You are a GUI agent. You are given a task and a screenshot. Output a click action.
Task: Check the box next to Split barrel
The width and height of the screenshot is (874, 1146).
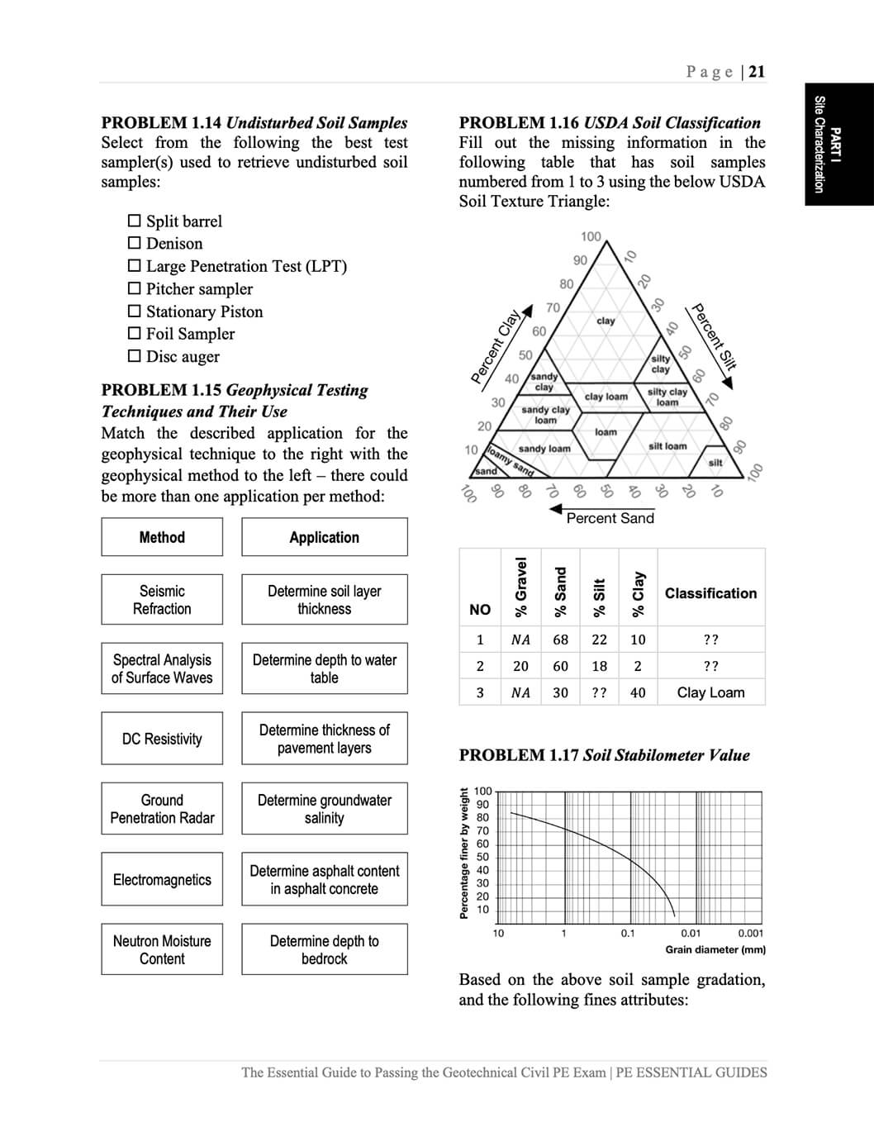click(x=135, y=221)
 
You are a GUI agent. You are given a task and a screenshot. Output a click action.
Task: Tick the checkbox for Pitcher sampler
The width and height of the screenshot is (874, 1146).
click(x=135, y=289)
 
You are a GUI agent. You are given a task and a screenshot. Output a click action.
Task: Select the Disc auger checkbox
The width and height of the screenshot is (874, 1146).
click(x=135, y=357)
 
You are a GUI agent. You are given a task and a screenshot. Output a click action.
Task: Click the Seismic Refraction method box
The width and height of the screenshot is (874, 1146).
click(x=162, y=600)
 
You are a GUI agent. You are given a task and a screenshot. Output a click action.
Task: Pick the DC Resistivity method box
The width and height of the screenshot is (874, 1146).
click(x=162, y=739)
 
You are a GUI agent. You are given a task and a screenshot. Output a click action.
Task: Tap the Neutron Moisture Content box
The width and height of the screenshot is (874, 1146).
click(x=162, y=949)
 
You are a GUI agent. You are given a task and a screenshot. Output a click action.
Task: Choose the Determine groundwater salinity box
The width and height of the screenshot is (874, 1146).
click(x=324, y=809)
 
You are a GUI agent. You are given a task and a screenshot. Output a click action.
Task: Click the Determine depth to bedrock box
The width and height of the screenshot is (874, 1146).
click(x=324, y=949)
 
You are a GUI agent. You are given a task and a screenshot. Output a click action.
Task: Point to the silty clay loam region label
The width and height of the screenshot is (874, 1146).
click(x=667, y=397)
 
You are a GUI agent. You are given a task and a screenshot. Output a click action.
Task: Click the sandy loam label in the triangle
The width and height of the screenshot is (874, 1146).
click(x=544, y=449)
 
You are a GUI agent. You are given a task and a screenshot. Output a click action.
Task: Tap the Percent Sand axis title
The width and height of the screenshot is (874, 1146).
click(x=610, y=518)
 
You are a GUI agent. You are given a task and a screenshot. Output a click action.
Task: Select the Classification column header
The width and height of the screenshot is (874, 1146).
click(x=710, y=593)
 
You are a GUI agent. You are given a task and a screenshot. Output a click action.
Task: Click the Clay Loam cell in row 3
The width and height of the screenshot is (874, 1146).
click(x=710, y=692)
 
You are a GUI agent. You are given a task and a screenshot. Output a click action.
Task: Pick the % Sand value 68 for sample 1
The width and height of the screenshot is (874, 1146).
click(x=560, y=640)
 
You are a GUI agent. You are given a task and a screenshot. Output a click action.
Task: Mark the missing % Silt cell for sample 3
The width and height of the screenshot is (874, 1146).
click(x=599, y=692)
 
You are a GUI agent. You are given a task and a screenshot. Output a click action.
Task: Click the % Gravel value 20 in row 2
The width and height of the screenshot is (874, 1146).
click(x=520, y=666)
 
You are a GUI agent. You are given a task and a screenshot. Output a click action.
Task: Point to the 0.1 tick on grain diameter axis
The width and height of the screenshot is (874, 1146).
click(x=628, y=934)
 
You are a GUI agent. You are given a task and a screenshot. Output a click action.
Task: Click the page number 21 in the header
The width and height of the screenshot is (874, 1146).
click(x=757, y=72)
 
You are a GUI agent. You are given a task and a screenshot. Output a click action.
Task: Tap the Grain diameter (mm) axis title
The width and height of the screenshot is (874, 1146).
click(x=715, y=949)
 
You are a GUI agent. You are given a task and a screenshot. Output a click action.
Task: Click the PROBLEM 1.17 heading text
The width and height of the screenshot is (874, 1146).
click(x=604, y=755)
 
